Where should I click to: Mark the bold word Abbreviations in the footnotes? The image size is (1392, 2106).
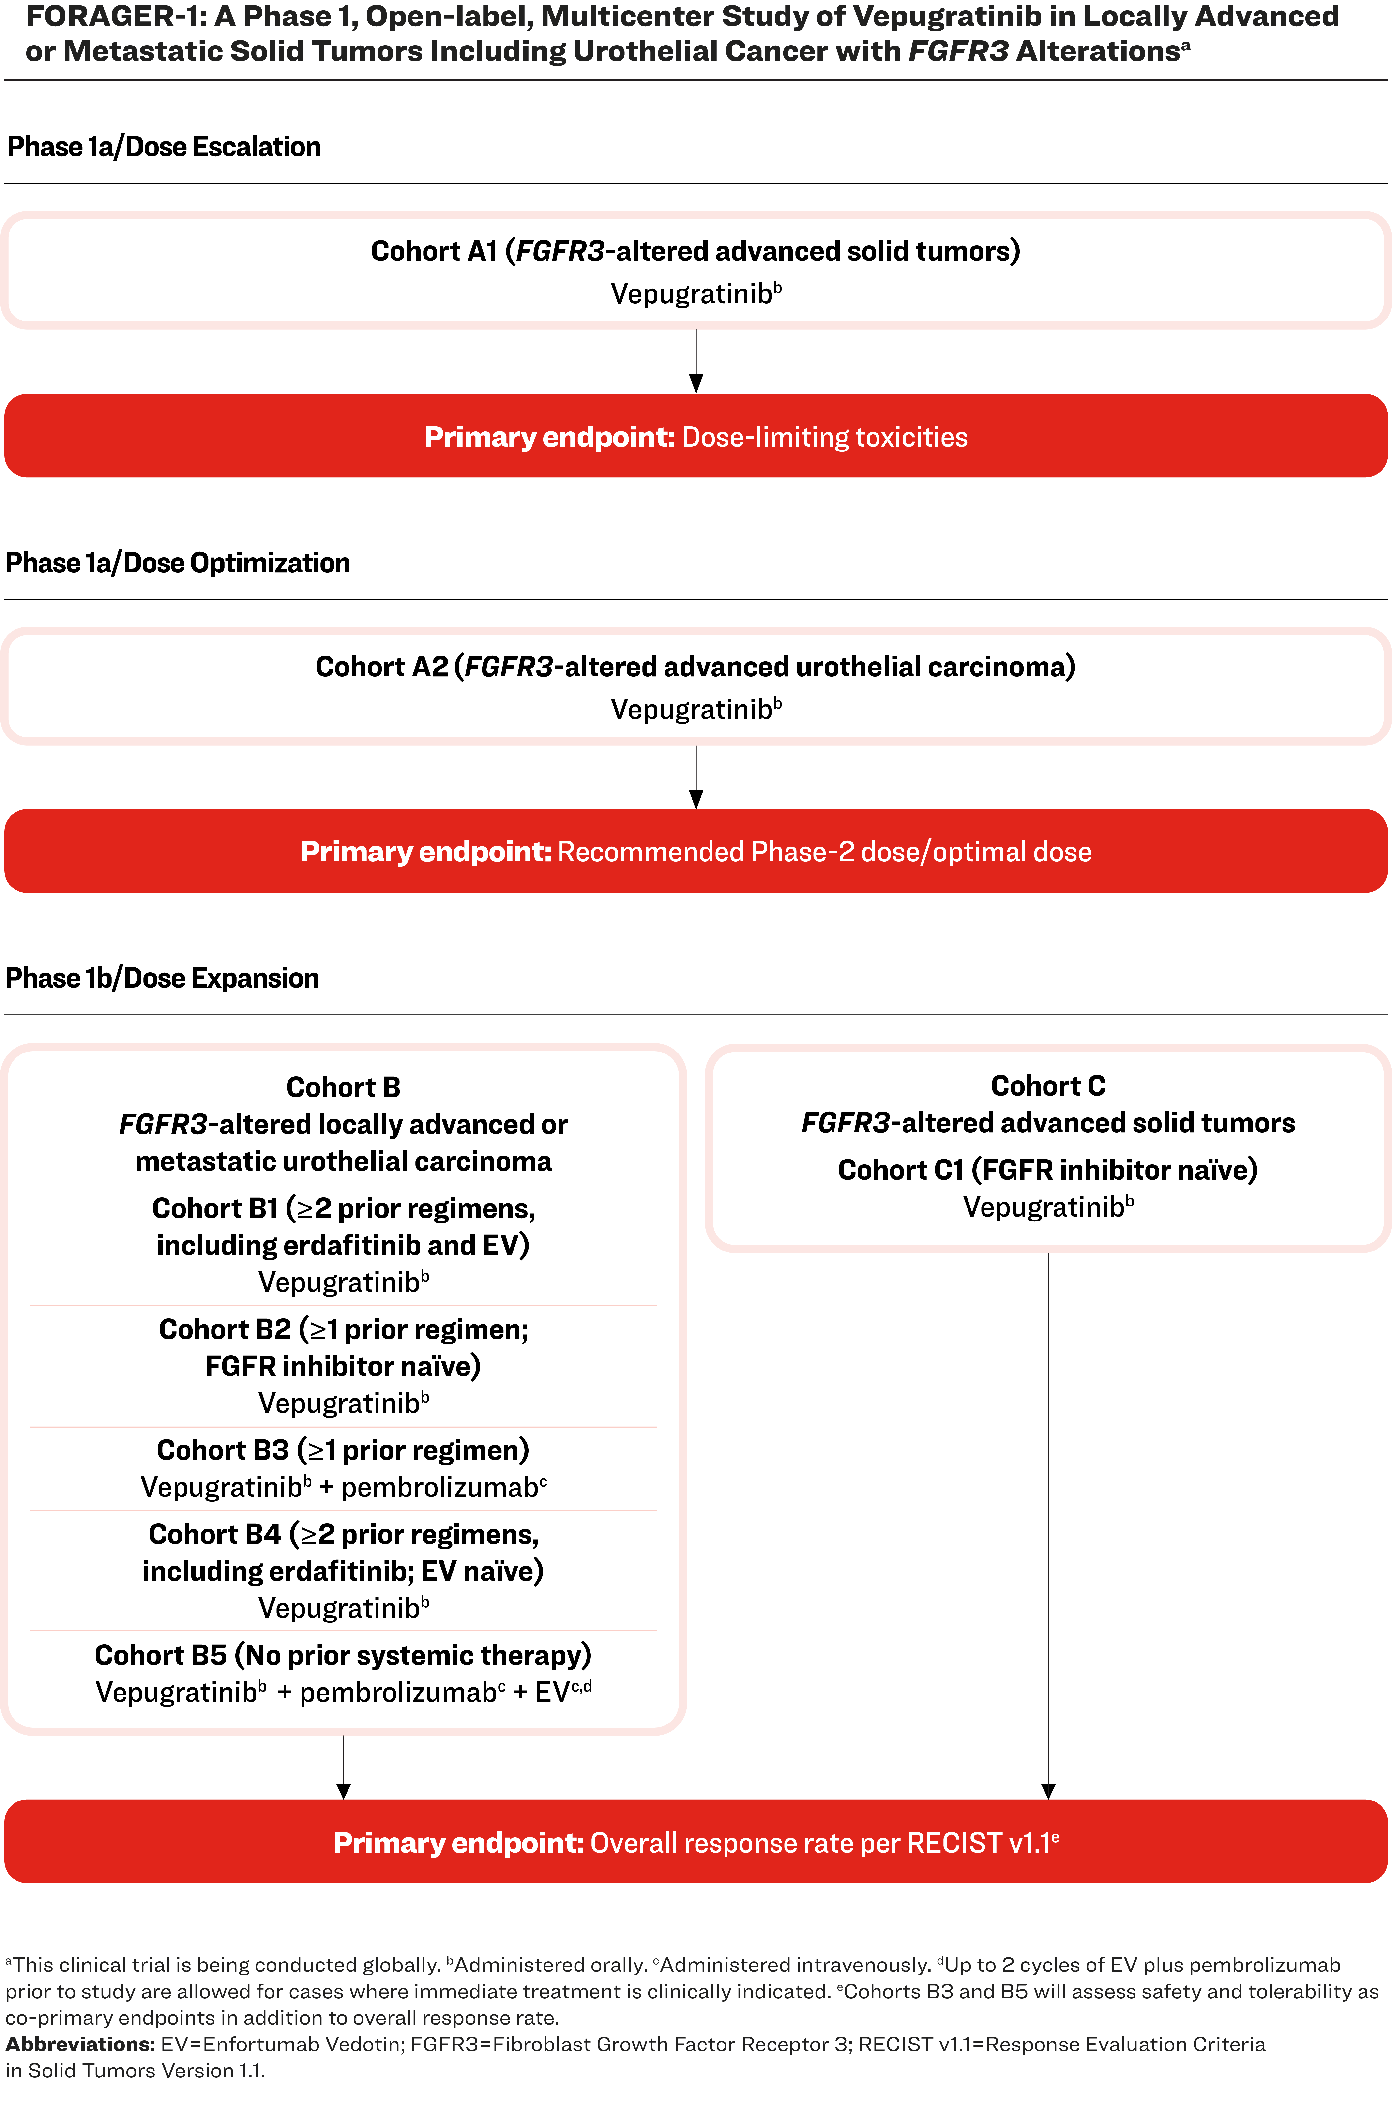tap(80, 2044)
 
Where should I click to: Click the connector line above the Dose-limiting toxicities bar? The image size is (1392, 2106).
tap(696, 352)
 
